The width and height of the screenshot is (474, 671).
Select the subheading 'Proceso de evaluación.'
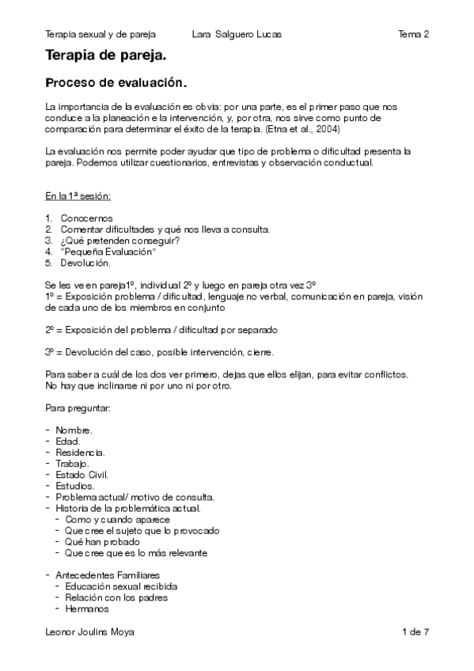(x=116, y=82)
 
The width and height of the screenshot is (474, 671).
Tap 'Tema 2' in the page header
(x=414, y=34)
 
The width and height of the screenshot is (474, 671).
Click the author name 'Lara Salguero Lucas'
(x=237, y=34)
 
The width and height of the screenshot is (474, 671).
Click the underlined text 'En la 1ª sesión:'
(x=78, y=195)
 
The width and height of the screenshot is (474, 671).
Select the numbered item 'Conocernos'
(x=86, y=218)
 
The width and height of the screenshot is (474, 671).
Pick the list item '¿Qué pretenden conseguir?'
(x=113, y=241)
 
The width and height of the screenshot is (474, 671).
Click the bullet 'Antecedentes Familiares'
(x=103, y=575)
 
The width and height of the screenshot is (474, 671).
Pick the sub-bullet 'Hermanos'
(x=87, y=609)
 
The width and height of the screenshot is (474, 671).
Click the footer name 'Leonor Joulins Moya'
(x=89, y=632)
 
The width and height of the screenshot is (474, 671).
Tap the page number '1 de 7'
(x=415, y=632)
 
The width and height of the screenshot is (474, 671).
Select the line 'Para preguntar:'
(x=78, y=408)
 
